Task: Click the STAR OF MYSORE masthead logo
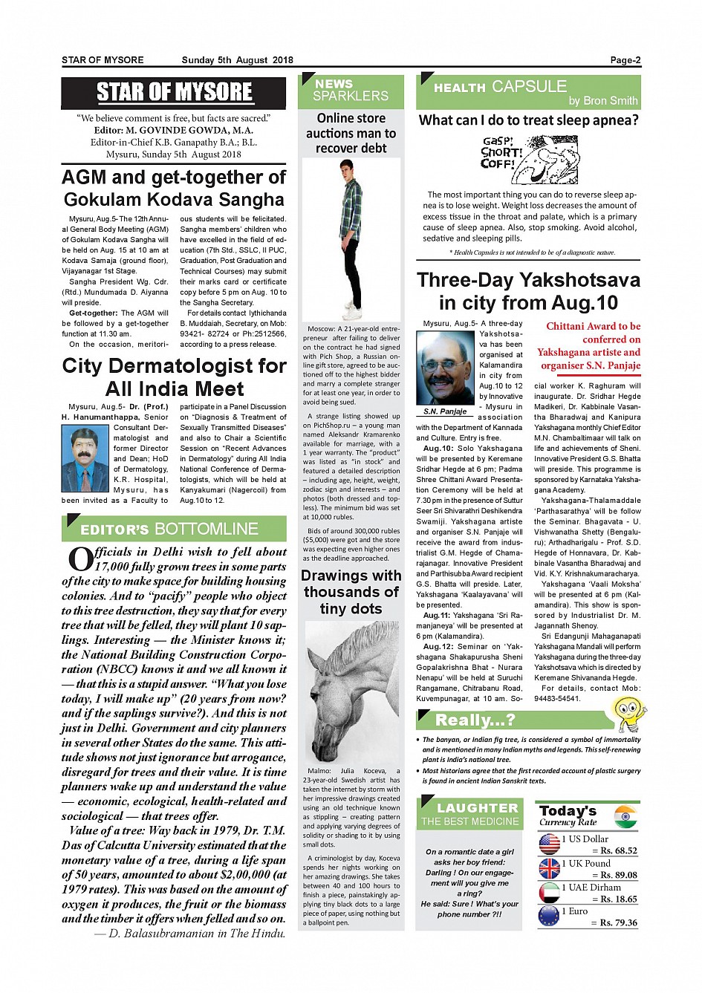pyautogui.click(x=174, y=92)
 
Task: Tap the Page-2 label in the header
pyautogui.click(x=625, y=60)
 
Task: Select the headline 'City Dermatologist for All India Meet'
pyautogui.click(x=174, y=377)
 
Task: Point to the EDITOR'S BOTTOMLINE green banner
pyautogui.click(x=174, y=529)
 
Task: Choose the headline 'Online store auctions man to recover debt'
pyautogui.click(x=351, y=133)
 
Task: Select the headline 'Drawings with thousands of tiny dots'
pyautogui.click(x=351, y=592)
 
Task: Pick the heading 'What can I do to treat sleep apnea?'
pyautogui.click(x=528, y=120)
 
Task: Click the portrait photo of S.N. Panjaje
pyautogui.click(x=446, y=368)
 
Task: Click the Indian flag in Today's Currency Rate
pyautogui.click(x=626, y=816)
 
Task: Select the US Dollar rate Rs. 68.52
pyautogui.click(x=618, y=850)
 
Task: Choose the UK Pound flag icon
pyautogui.click(x=549, y=868)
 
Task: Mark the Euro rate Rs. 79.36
pyautogui.click(x=618, y=922)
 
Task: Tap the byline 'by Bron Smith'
pyautogui.click(x=603, y=101)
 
